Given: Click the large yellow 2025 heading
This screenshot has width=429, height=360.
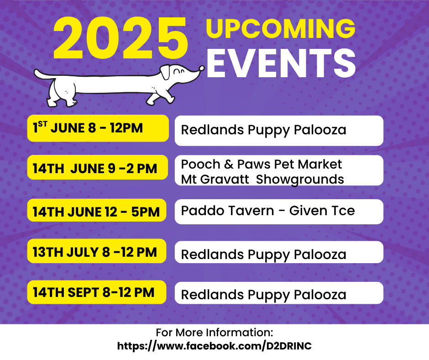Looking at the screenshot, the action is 120,38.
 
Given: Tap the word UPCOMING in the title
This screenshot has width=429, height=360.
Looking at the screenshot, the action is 281,28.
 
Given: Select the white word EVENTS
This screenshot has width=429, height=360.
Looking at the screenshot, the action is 281,64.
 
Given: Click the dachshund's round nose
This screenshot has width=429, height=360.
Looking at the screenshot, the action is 202,68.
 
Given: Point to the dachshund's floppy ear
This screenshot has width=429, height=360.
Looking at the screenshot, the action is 166,72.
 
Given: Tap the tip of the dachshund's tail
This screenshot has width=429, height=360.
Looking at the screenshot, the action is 36,72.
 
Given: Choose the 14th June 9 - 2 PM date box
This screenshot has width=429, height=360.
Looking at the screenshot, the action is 97,168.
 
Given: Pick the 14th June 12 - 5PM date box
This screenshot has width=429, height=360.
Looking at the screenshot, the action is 97,211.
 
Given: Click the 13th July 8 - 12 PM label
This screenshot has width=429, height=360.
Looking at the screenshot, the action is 97,251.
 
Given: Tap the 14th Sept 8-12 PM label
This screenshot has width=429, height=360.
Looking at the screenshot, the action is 97,292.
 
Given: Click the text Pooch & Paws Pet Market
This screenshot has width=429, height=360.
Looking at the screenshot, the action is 262,164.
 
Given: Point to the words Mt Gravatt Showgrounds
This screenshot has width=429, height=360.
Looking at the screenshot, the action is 262,180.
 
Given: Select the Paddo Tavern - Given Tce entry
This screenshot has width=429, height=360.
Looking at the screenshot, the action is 268,211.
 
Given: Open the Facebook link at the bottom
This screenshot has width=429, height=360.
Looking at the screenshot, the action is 214,346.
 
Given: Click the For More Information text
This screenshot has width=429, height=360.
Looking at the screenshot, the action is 214,333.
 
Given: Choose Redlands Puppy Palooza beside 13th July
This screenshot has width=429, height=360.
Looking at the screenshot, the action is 263,255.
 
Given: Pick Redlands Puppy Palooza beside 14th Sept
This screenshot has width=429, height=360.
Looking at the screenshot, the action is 263,295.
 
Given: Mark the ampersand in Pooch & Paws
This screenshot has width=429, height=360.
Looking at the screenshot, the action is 229,164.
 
